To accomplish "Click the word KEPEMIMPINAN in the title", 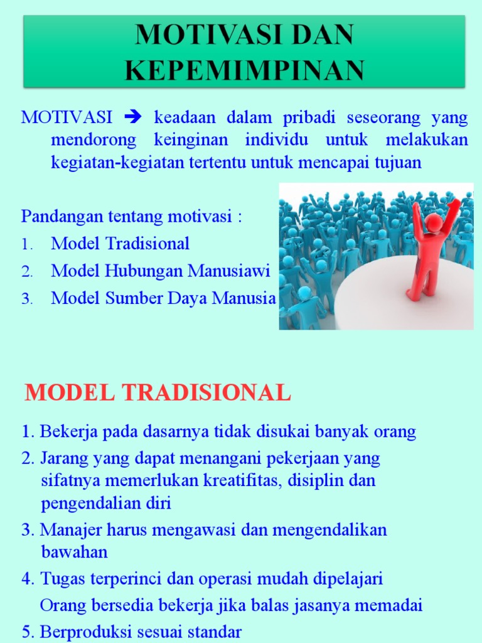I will [x=245, y=70].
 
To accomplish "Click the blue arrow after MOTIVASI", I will [x=134, y=117].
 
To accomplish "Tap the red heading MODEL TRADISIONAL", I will [x=158, y=393].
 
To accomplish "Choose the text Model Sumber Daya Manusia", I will [x=163, y=298].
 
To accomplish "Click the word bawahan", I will [x=74, y=553].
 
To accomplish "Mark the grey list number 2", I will [x=26, y=272].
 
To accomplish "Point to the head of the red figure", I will [x=434, y=222].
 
